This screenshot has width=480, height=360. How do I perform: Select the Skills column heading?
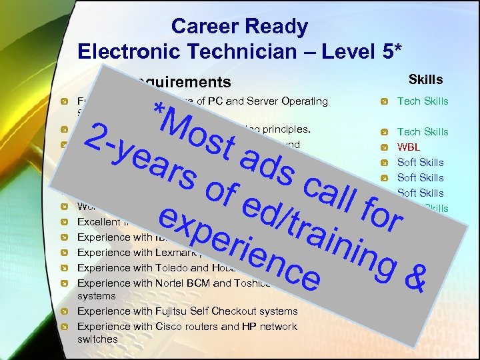click(425, 80)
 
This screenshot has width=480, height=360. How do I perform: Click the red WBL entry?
click(409, 147)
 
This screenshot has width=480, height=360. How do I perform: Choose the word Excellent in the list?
click(99, 221)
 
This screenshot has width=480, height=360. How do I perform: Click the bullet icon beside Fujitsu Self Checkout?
click(64, 311)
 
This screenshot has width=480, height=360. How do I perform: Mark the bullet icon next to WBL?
click(385, 147)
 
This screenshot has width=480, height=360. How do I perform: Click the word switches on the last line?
click(97, 339)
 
